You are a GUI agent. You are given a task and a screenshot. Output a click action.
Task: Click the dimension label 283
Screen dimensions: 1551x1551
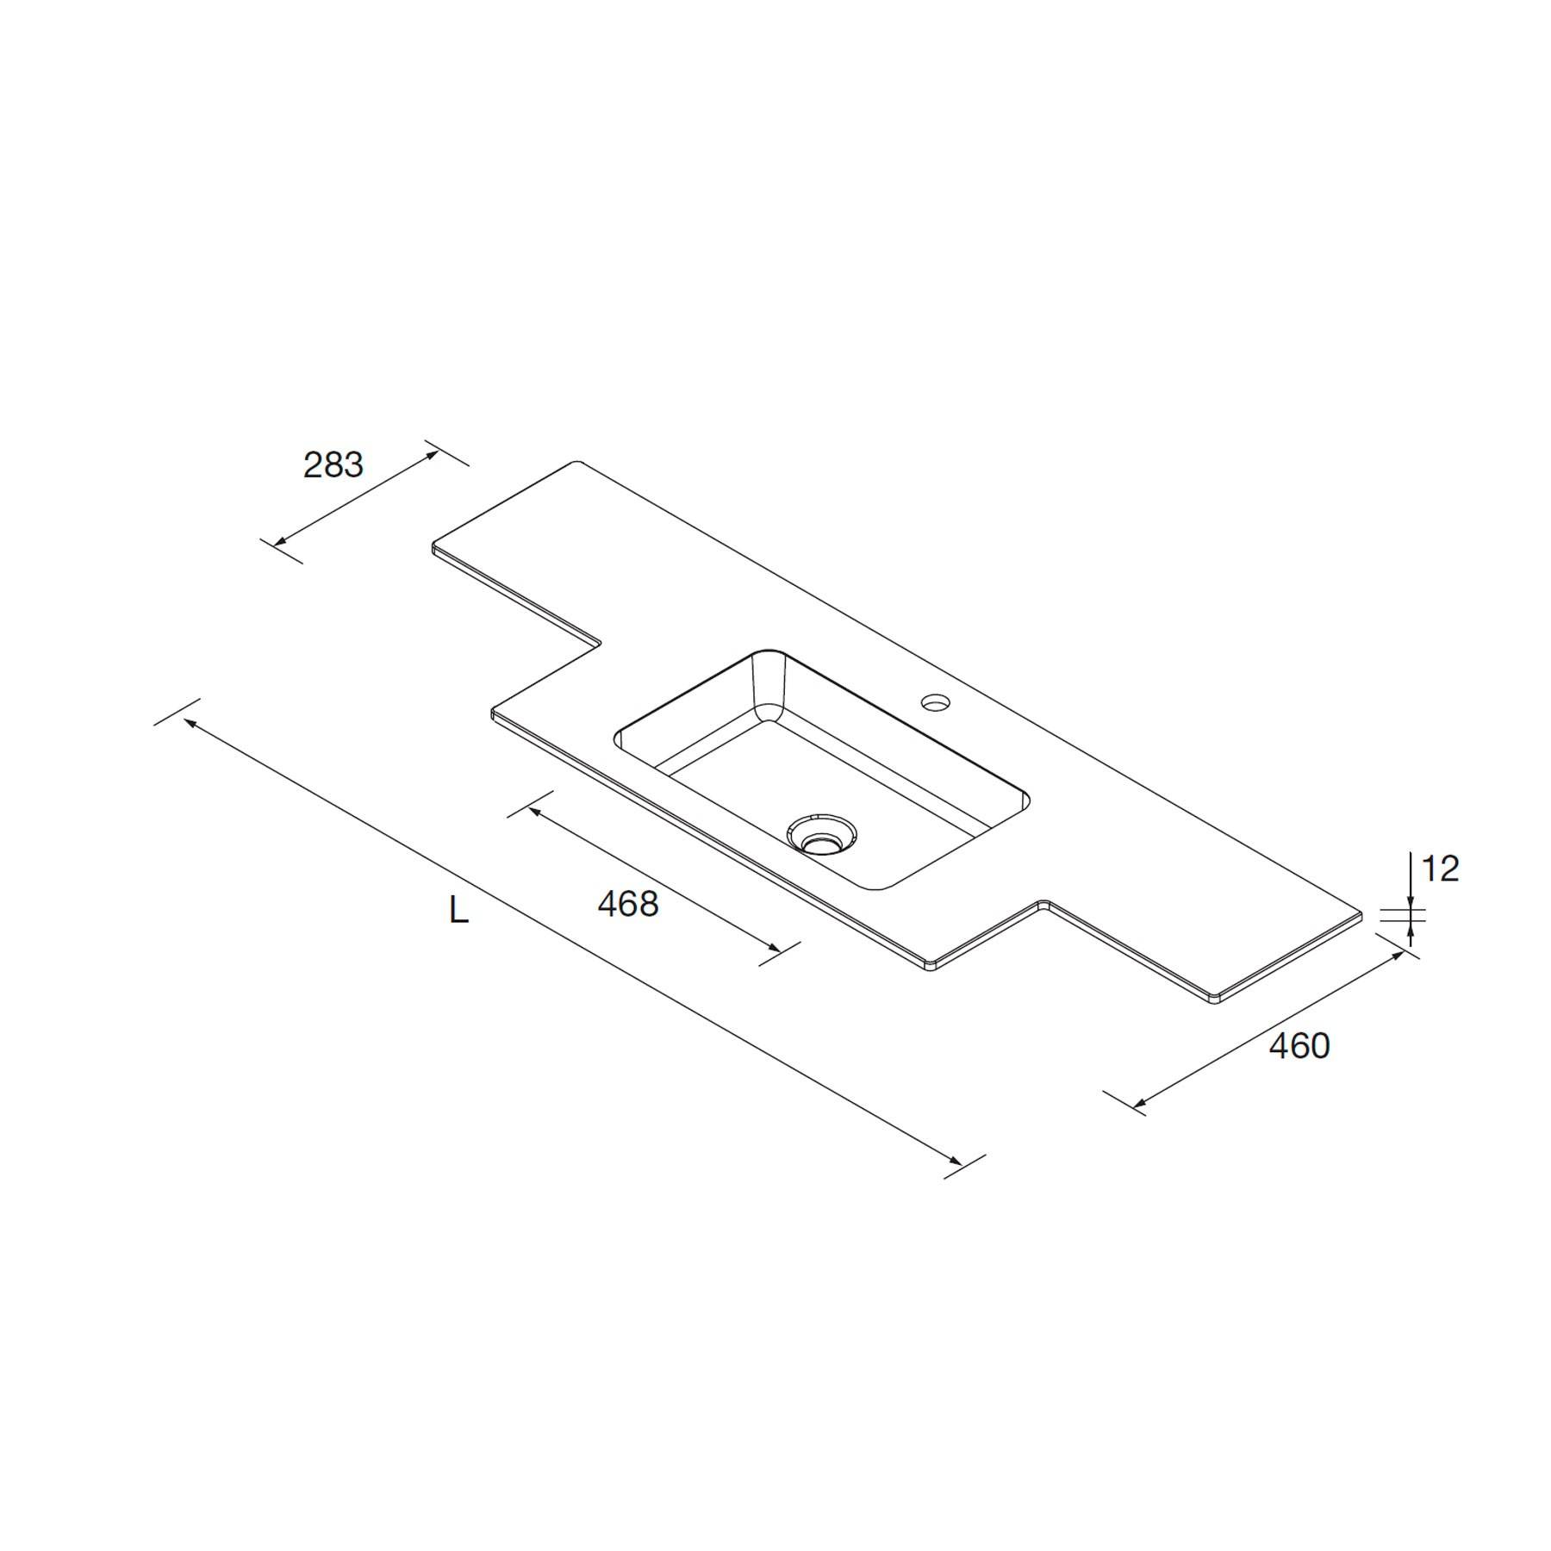[x=333, y=465]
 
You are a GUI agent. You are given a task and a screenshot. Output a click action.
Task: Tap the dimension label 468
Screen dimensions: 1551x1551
[x=628, y=903]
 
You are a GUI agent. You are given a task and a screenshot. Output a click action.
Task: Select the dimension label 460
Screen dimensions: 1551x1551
[x=1300, y=1046]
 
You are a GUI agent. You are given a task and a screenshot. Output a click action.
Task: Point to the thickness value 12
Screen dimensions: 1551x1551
[x=1440, y=869]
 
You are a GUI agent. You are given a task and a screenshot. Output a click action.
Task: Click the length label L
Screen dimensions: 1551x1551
[x=458, y=910]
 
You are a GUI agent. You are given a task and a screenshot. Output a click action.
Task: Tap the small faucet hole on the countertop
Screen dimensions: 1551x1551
[x=934, y=702]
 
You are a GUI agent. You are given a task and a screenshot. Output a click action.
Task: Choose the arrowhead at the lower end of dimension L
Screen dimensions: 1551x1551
[x=953, y=1160]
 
